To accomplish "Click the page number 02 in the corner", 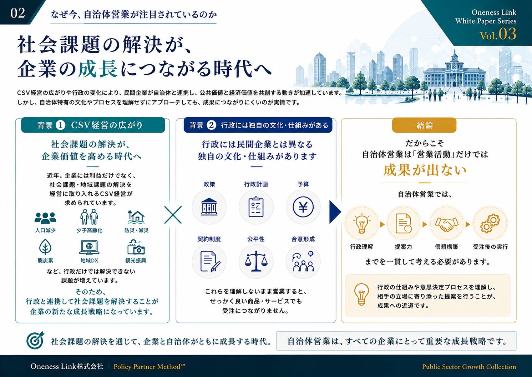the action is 17,13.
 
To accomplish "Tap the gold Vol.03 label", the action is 498,34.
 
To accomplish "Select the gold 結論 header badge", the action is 424,125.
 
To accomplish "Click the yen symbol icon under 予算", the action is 303,207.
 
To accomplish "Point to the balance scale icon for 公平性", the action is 256,261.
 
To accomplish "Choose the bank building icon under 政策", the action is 209,207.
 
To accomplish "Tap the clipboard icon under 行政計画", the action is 256,207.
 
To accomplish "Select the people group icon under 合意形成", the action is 303,262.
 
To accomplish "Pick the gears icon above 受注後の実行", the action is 490,223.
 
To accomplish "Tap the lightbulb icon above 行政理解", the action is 362,224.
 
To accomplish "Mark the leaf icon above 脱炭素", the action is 45,247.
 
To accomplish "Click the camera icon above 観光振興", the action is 136,247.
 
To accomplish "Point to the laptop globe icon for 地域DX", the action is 89,247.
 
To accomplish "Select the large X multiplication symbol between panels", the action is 173,215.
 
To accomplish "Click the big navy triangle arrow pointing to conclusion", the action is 335,212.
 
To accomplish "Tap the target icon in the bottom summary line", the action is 35,340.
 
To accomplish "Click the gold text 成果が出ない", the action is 425,170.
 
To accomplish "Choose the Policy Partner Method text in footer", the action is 149,367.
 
